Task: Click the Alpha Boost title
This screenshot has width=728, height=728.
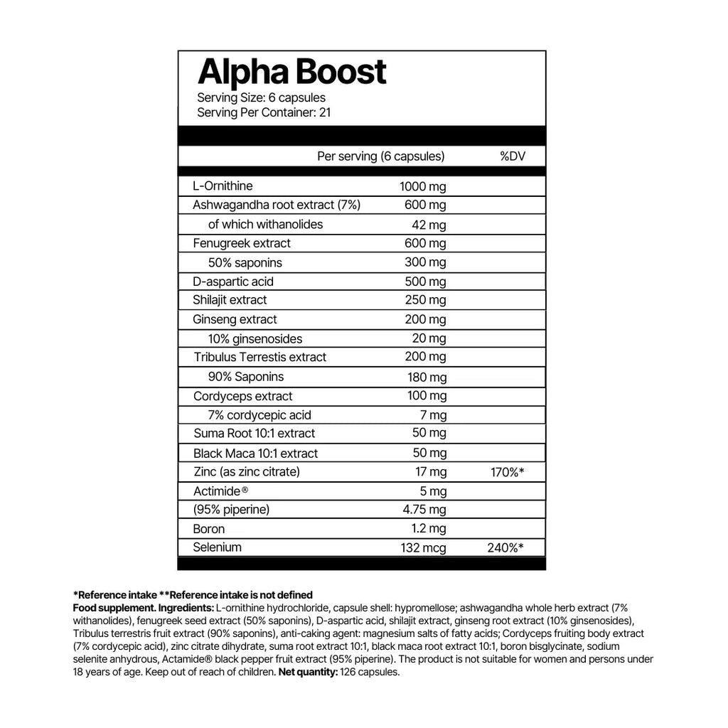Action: tap(291, 72)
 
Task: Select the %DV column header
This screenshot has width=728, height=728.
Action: tap(513, 156)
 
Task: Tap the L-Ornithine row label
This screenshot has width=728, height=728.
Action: tap(223, 186)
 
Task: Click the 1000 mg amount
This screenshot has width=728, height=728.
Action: tap(423, 187)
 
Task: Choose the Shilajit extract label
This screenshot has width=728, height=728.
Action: tap(230, 300)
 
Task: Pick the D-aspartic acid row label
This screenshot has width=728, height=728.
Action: tap(233, 281)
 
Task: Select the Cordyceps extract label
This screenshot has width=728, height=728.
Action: tap(242, 396)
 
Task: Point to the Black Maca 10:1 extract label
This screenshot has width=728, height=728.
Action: tap(255, 454)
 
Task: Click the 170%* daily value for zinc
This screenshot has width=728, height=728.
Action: tap(508, 471)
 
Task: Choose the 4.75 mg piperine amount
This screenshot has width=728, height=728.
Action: tap(424, 510)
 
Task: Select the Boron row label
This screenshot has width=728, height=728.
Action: tap(208, 529)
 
